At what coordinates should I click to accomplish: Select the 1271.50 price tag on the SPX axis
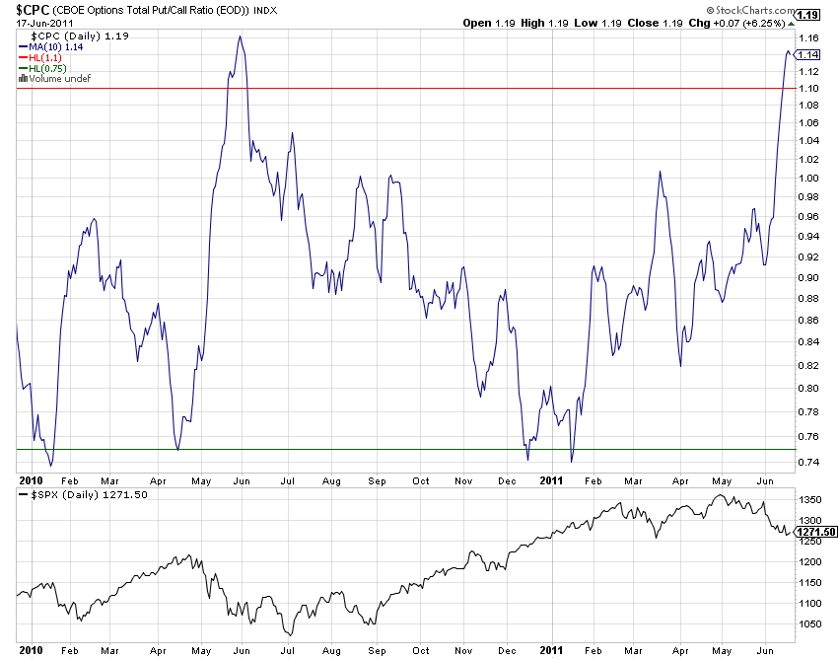point(817,532)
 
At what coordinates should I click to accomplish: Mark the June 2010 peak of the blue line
point(240,37)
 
